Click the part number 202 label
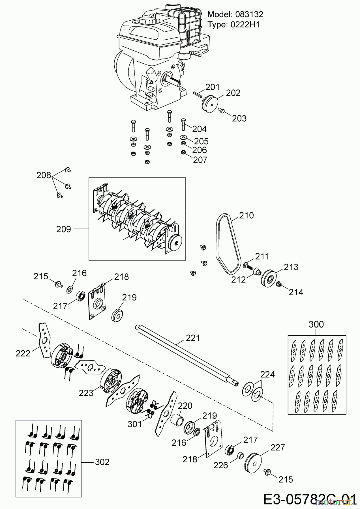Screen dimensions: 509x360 pyautogui.click(x=233, y=93)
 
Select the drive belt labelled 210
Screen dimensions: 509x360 pyautogui.click(x=218, y=243)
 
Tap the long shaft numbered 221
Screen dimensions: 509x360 pyautogui.click(x=187, y=354)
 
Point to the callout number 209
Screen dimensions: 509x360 pyautogui.click(x=63, y=229)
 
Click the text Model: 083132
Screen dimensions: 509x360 pyautogui.click(x=235, y=14)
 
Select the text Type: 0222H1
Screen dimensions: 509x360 pyautogui.click(x=233, y=25)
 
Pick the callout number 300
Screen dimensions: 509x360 pyautogui.click(x=316, y=324)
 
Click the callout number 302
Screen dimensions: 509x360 pyautogui.click(x=102, y=462)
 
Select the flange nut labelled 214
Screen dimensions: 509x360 pyautogui.click(x=278, y=284)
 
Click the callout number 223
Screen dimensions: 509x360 pyautogui.click(x=86, y=393)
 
